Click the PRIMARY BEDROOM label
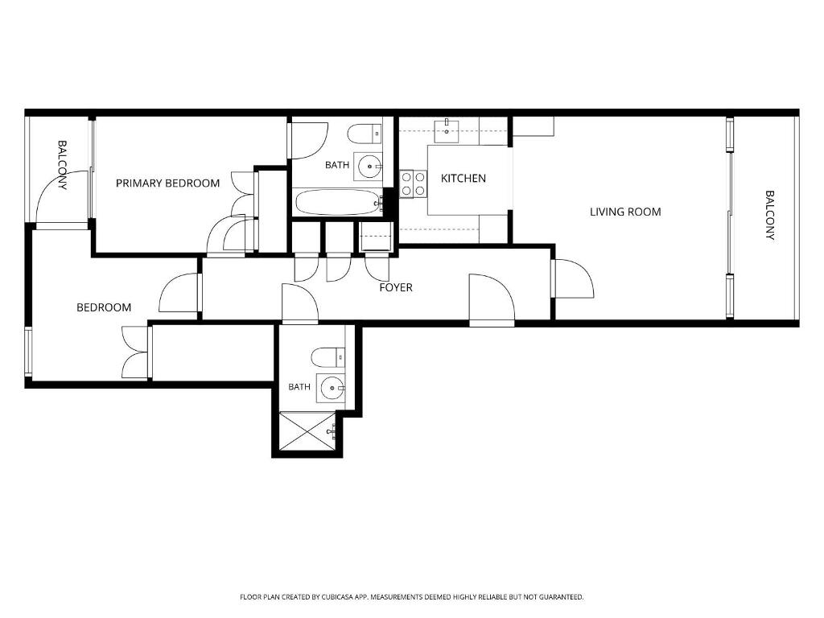pos(167,183)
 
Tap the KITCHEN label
pos(463,179)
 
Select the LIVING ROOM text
pos(625,212)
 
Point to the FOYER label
pos(396,287)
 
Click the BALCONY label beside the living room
pos(770,215)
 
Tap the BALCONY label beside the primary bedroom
pos(63,164)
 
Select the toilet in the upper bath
pos(365,134)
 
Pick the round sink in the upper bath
pos(369,167)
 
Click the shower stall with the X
pos(307,431)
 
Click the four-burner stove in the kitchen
pos(413,184)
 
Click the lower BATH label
pos(299,387)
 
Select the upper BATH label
pos(337,165)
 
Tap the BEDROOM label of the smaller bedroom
pos(104,307)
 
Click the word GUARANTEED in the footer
pos(562,597)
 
